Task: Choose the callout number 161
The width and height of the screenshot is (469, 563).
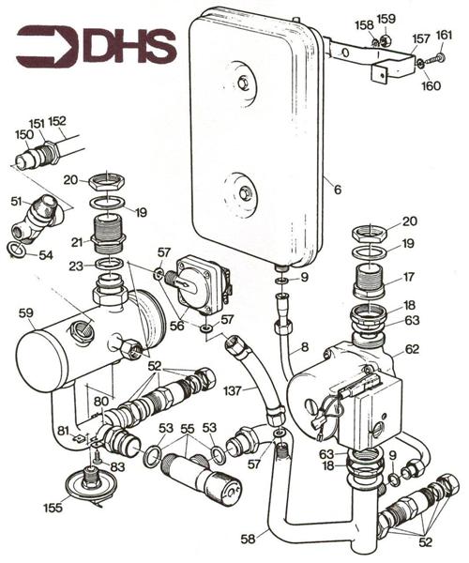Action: [x=444, y=36]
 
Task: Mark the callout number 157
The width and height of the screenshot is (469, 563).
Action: [x=421, y=40]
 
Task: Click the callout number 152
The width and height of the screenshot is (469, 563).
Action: [x=57, y=121]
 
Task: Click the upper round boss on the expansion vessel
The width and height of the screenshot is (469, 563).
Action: [x=246, y=82]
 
